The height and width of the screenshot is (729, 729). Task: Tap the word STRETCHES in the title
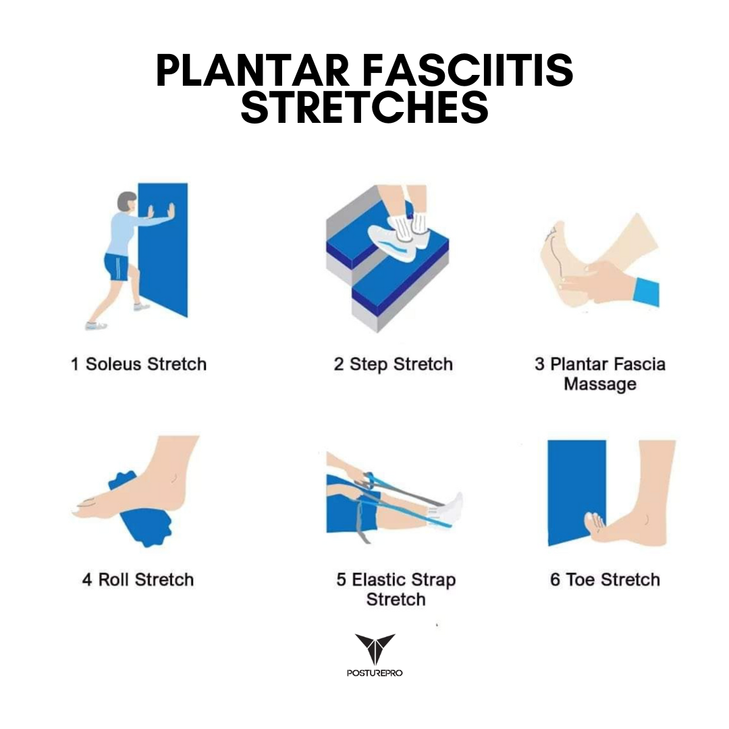pyautogui.click(x=364, y=107)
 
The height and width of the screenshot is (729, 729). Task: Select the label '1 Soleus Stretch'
pyautogui.click(x=138, y=364)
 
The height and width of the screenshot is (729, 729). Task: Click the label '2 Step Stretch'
pyautogui.click(x=393, y=364)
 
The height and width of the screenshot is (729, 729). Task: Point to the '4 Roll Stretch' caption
pyautogui.click(x=138, y=580)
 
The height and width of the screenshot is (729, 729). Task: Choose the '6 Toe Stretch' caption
pyautogui.click(x=605, y=580)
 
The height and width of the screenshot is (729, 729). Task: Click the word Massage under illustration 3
pyautogui.click(x=600, y=385)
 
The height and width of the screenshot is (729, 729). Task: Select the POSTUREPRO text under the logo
pyautogui.click(x=375, y=673)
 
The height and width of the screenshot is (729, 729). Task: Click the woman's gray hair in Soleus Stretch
pyautogui.click(x=126, y=200)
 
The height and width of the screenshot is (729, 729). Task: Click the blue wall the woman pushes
pyautogui.click(x=163, y=249)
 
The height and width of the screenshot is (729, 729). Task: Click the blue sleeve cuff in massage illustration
pyautogui.click(x=647, y=292)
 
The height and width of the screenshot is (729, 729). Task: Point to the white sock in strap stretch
pyautogui.click(x=448, y=510)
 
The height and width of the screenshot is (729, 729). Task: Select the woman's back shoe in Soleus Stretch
pyautogui.click(x=97, y=325)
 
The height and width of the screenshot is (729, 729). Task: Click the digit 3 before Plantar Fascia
pyautogui.click(x=539, y=364)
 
